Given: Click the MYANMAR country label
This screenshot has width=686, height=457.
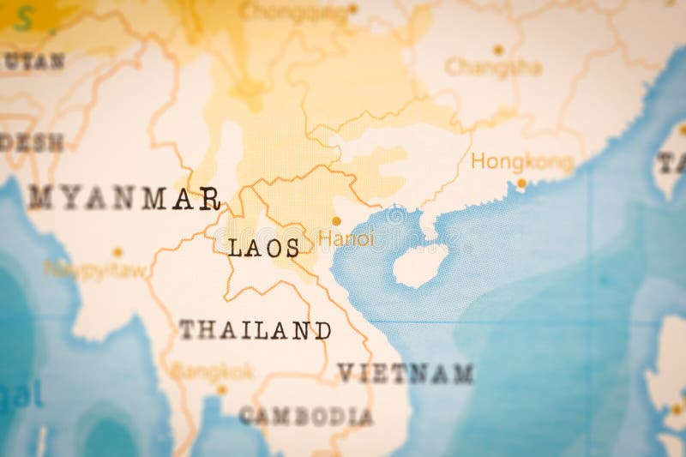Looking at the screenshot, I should click(125, 198).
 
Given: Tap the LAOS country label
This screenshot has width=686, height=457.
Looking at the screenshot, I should click(264, 249).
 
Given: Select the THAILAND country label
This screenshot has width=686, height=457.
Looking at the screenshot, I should click(255, 330).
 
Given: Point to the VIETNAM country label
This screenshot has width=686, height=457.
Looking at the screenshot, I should click(405, 374).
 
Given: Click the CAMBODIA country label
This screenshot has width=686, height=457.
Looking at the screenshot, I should click(305, 417).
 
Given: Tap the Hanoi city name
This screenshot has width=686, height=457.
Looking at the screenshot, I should click(346, 239).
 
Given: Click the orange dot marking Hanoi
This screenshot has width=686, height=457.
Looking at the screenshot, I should click(336, 221).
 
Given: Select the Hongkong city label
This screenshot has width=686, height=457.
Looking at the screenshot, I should click(521, 161).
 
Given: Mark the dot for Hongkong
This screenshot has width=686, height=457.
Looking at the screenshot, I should click(521, 183).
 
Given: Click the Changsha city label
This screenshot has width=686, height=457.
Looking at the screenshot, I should click(493, 67).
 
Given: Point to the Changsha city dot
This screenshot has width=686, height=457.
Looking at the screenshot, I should click(498, 50).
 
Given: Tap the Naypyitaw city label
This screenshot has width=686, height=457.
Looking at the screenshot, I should click(95, 269).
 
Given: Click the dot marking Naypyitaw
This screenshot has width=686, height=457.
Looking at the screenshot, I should click(117, 252).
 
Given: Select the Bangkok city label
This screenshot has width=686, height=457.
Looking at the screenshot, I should click(213, 371).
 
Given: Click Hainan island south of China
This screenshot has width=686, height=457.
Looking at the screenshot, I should click(420, 265).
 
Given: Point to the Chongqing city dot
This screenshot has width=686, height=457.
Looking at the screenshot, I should click(352, 9).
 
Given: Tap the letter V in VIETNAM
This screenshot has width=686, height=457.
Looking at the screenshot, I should click(345, 374).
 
